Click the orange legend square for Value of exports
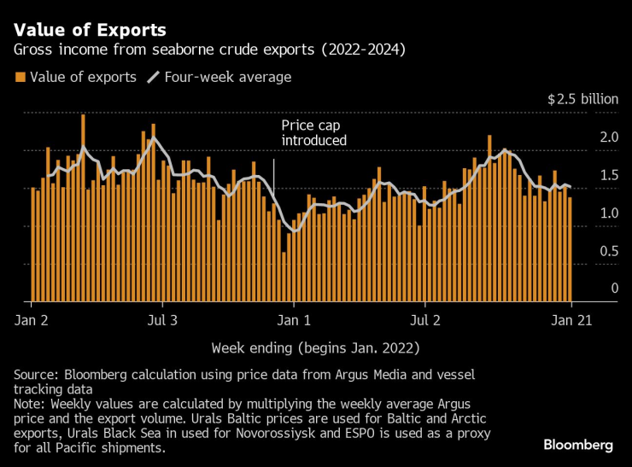pyautogui.click(x=20, y=78)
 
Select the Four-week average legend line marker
pyautogui.click(x=154, y=78)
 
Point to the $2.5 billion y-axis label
pyautogui.click(x=582, y=99)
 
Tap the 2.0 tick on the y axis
pyautogui.click(x=609, y=137)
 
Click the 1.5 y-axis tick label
pyautogui.click(x=609, y=175)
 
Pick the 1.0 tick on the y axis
pyautogui.click(x=609, y=213)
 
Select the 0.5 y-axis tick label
pyautogui.click(x=609, y=250)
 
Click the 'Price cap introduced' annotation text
pyautogui.click(x=313, y=132)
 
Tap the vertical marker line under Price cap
pyautogui.click(x=273, y=176)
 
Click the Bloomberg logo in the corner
pyautogui.click(x=578, y=445)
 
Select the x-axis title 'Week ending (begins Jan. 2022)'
pyautogui.click(x=315, y=347)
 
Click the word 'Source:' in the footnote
pyautogui.click(x=36, y=376)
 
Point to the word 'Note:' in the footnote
pyautogui.click(x=32, y=403)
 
